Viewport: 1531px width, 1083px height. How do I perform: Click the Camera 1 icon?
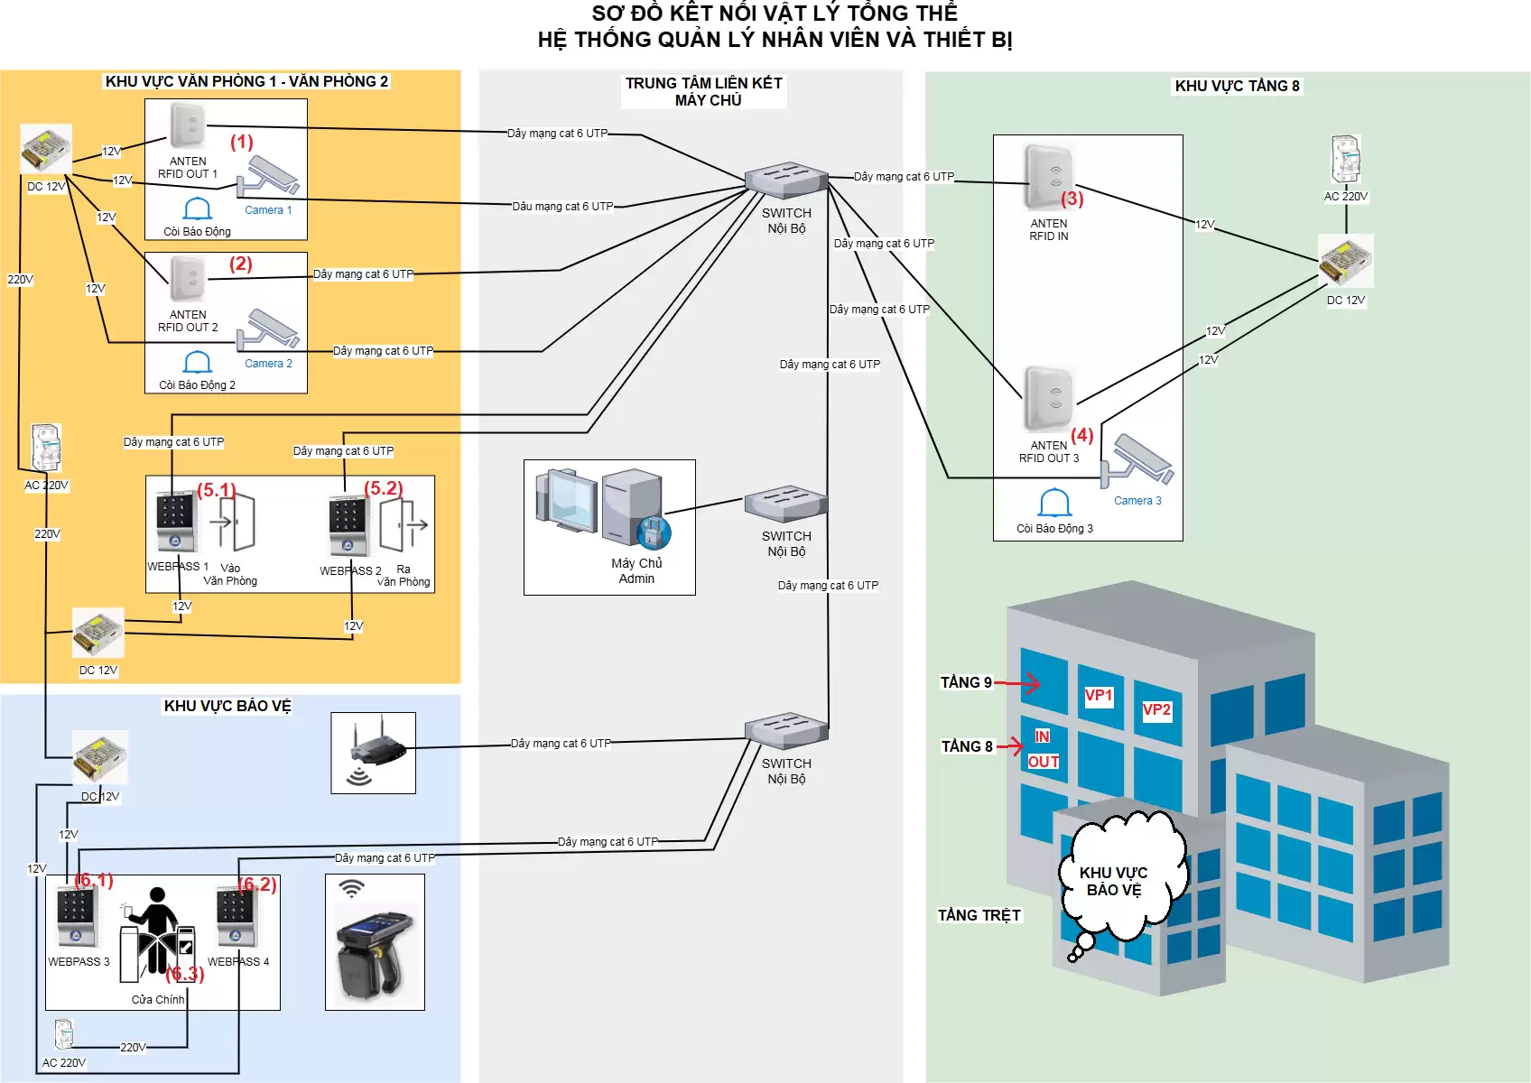click(x=268, y=177)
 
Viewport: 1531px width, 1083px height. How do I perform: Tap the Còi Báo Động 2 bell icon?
click(x=198, y=362)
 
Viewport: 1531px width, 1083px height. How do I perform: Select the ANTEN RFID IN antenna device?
click(x=1049, y=177)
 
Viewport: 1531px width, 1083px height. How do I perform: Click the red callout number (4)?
click(x=1082, y=435)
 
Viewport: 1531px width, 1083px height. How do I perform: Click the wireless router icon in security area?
click(x=374, y=752)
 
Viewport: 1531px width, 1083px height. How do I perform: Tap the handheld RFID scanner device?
click(x=375, y=957)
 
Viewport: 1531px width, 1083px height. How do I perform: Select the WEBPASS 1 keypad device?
click(x=174, y=522)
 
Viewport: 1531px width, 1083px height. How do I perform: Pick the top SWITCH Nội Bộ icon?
click(x=786, y=180)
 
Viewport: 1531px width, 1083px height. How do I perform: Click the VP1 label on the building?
click(x=1099, y=696)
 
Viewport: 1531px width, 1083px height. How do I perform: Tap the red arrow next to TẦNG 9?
click(x=1018, y=683)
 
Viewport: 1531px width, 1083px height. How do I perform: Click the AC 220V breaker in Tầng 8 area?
click(x=1345, y=160)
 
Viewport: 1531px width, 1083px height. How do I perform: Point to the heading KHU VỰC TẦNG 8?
click(x=1237, y=86)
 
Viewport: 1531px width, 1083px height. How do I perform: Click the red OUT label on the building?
click(x=1044, y=762)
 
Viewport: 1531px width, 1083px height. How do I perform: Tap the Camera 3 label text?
click(x=1137, y=501)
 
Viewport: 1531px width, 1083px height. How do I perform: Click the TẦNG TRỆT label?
click(x=979, y=915)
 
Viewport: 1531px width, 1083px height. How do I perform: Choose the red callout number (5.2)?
click(x=384, y=488)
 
